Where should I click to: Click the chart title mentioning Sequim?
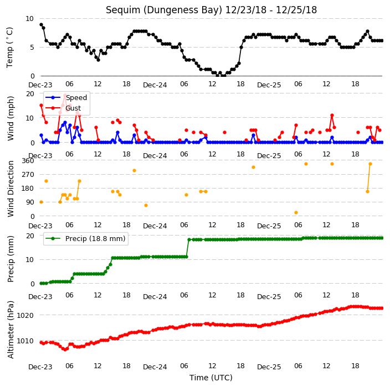click(x=211, y=10)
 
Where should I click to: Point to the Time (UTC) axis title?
click(x=211, y=378)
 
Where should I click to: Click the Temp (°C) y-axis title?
click(x=9, y=48)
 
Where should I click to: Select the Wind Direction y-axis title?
click(x=11, y=189)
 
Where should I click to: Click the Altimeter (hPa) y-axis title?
click(x=11, y=330)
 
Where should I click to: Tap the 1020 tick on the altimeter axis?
click(x=25, y=315)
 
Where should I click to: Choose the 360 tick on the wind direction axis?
click(x=28, y=161)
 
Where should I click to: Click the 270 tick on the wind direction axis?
click(x=28, y=175)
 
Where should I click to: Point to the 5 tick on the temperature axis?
click(x=32, y=47)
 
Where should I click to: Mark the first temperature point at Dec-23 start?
click(x=42, y=24)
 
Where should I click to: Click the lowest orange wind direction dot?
click(x=296, y=212)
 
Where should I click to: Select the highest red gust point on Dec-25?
click(x=332, y=116)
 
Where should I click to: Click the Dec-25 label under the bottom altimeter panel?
click(x=269, y=367)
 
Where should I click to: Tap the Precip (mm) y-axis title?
click(x=11, y=259)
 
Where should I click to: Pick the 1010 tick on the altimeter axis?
click(x=25, y=341)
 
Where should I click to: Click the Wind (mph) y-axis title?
click(x=11, y=118)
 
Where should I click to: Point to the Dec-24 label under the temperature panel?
click(x=155, y=85)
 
